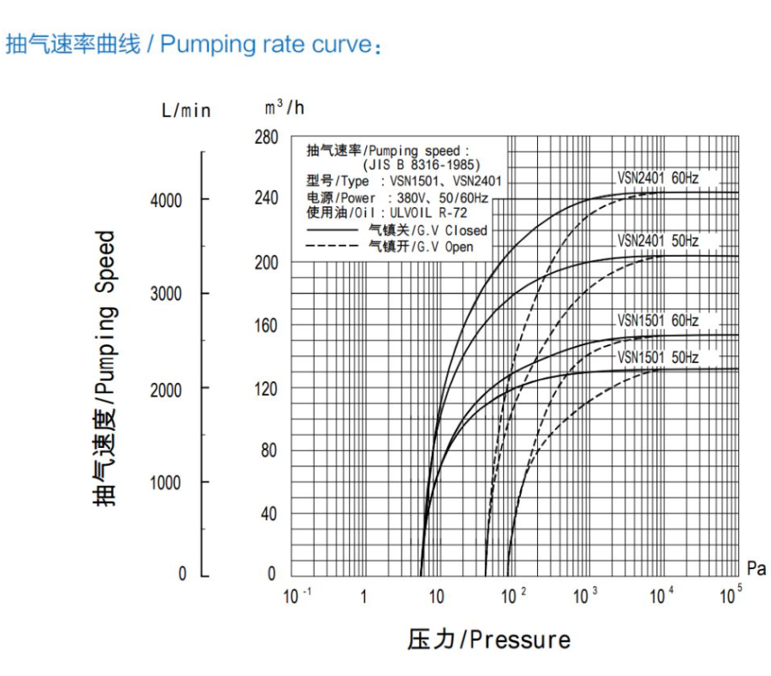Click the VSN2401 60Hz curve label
point(657,178)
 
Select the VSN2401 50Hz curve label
point(657,241)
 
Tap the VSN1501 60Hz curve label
point(657,321)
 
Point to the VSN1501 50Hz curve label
point(657,357)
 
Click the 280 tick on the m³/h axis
point(266,137)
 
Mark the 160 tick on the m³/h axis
point(266,325)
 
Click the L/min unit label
point(186,111)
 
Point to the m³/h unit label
point(283,109)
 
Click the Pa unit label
point(756,569)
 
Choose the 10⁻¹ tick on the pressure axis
point(297,597)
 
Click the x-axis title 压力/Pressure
point(488,640)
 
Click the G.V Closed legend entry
point(428,230)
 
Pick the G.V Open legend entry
point(421,247)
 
